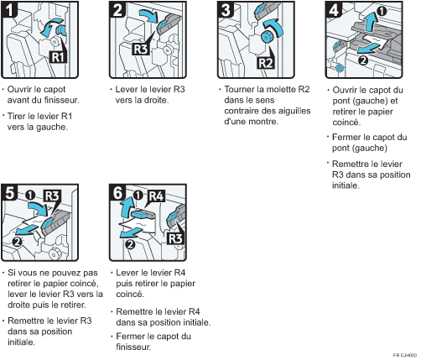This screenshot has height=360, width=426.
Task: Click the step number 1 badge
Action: (9, 9)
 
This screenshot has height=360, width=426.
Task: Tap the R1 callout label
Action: (58, 57)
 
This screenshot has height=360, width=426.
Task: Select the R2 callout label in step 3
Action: (266, 63)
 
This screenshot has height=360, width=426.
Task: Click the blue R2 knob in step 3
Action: (266, 37)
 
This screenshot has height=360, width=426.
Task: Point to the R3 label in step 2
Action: (141, 49)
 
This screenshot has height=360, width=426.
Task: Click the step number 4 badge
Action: (334, 10)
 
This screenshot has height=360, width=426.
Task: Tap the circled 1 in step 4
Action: (382, 11)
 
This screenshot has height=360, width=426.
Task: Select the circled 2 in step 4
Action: (363, 60)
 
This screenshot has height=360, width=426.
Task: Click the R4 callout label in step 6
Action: (156, 196)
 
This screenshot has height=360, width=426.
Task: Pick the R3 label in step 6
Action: (175, 239)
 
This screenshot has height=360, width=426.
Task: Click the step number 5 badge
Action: (9, 193)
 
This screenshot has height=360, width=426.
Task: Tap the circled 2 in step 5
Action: (18, 242)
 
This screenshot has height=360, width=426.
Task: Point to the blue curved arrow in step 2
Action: (150, 16)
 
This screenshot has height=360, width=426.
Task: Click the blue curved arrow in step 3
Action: (277, 26)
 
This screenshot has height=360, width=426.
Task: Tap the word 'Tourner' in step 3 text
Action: (239, 90)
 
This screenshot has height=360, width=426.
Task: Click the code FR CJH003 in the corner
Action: (405, 355)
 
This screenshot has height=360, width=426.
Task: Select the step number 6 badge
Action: (117, 193)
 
